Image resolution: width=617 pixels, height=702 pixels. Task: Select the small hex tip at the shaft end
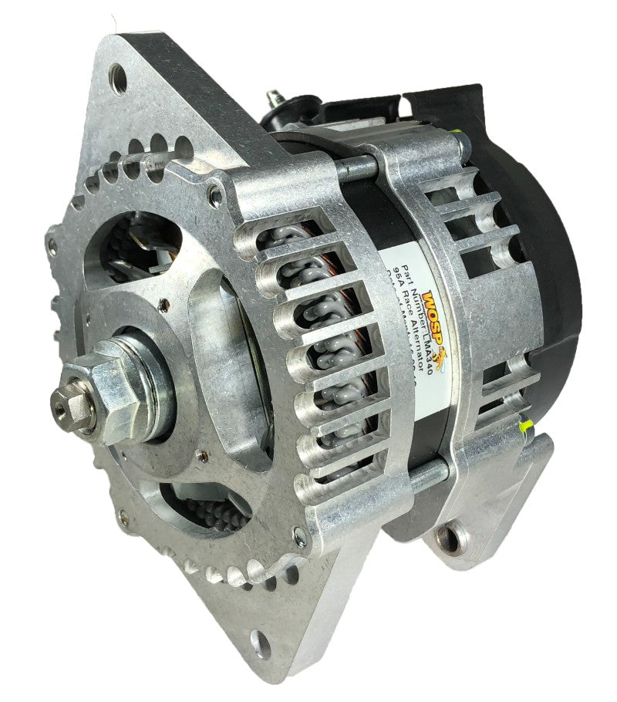click(62, 399)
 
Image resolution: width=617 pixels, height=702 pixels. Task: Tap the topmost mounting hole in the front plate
click(119, 77)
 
